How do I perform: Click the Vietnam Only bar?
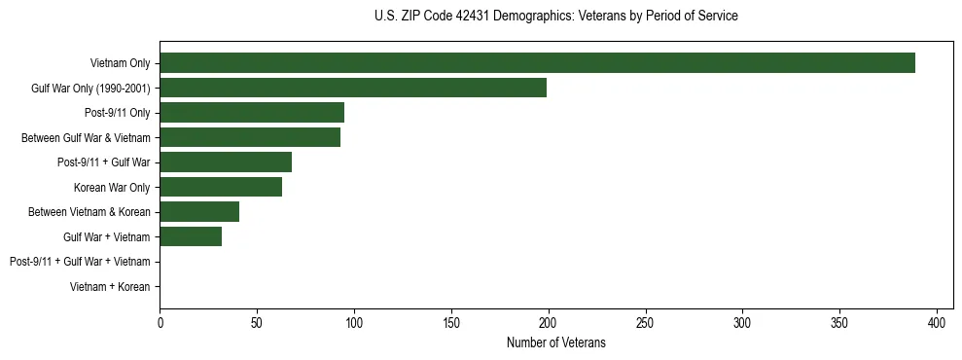click(x=537, y=63)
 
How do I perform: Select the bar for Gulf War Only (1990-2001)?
click(x=353, y=89)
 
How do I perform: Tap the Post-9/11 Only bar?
click(x=252, y=113)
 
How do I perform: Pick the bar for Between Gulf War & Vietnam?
click(x=250, y=138)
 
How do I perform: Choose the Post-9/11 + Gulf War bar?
click(x=226, y=162)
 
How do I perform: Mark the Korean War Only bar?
click(x=221, y=187)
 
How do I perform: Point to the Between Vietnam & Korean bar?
click(x=199, y=212)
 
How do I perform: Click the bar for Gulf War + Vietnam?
click(x=191, y=236)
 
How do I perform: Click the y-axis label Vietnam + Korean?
click(x=110, y=287)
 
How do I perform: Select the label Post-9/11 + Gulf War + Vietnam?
click(x=80, y=262)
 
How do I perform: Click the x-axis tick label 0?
click(x=160, y=323)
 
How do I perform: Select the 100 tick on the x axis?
click(x=354, y=323)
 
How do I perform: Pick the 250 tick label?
click(x=646, y=323)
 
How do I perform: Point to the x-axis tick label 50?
click(x=257, y=323)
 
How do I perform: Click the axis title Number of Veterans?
click(x=555, y=342)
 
